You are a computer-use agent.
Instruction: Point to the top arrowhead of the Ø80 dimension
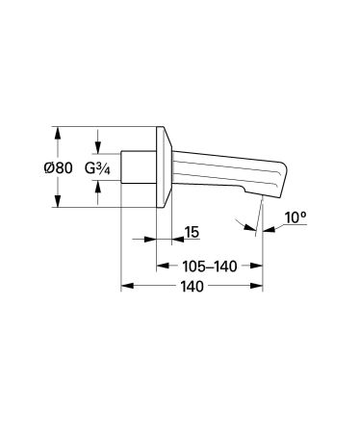pos(59,133)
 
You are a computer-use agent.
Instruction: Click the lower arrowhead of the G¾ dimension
pos(95,190)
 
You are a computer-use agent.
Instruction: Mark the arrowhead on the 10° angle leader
pos(251,230)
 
